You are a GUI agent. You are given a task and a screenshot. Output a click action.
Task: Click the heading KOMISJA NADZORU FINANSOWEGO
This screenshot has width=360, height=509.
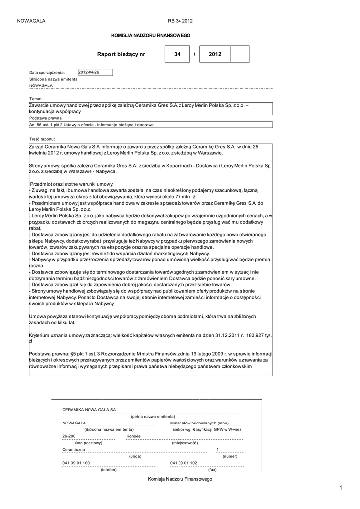(x=150, y=36)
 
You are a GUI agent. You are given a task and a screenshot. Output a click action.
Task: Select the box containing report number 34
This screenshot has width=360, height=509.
(x=177, y=54)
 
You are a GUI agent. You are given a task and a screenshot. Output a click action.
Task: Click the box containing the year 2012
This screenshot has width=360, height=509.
(x=215, y=54)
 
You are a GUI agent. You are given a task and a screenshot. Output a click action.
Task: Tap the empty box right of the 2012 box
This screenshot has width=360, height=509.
(x=240, y=54)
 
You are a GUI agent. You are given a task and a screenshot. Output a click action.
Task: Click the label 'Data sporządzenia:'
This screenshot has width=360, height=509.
(x=47, y=72)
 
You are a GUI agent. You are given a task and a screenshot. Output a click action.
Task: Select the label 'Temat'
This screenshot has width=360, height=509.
(x=35, y=99)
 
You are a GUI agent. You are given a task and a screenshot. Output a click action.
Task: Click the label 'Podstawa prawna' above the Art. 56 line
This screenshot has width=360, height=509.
(x=45, y=118)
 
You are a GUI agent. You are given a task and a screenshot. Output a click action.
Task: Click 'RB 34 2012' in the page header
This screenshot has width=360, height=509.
(x=180, y=21)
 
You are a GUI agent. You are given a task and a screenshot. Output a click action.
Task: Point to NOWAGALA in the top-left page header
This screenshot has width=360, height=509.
(x=31, y=21)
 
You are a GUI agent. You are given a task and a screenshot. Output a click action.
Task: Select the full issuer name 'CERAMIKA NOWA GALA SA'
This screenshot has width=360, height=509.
(x=89, y=409)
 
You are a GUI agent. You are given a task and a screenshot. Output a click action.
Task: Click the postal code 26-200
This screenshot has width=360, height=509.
(x=69, y=436)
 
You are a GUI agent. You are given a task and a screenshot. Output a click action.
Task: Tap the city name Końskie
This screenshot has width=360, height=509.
(x=134, y=436)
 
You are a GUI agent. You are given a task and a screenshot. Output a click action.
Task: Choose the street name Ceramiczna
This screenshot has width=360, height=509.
(x=74, y=449)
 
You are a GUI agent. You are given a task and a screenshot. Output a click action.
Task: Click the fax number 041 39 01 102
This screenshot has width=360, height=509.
(x=183, y=463)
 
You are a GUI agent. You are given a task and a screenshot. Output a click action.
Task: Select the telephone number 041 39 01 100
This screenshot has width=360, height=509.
(x=76, y=463)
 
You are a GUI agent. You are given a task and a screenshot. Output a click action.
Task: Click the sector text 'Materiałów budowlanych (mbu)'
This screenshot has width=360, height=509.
(x=199, y=423)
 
